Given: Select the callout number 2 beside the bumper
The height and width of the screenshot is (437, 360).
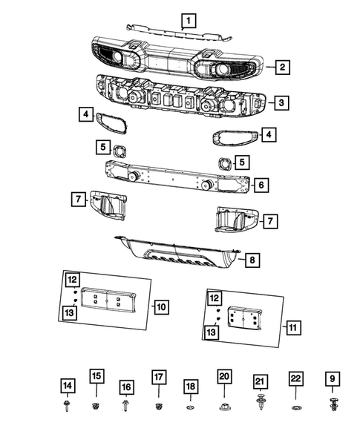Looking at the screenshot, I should tap(283, 68).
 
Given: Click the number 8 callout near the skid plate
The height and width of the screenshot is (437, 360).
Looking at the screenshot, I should tap(252, 260).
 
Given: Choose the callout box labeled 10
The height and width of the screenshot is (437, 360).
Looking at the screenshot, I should tap(161, 305).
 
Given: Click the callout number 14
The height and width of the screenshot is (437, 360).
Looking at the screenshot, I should tap(67, 385).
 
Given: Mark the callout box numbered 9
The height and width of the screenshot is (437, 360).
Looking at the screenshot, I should tap(331, 380).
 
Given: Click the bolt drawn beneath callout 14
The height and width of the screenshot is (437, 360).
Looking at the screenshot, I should tap(68, 406).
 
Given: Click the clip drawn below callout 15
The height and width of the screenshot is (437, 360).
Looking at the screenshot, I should tap(96, 406).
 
